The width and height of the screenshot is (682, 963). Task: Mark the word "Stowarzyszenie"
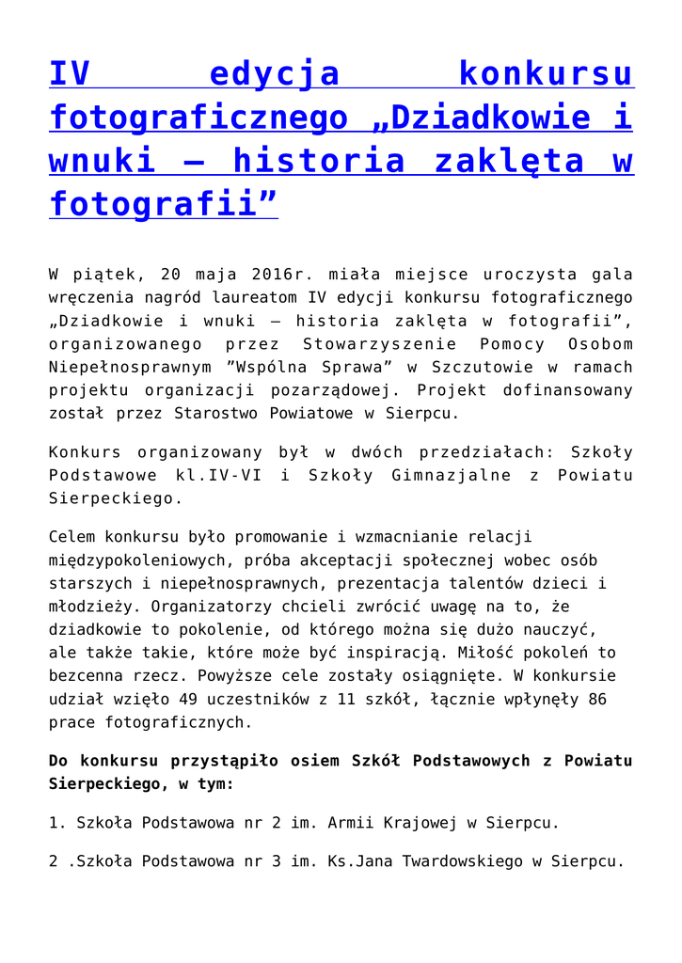(380, 344)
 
